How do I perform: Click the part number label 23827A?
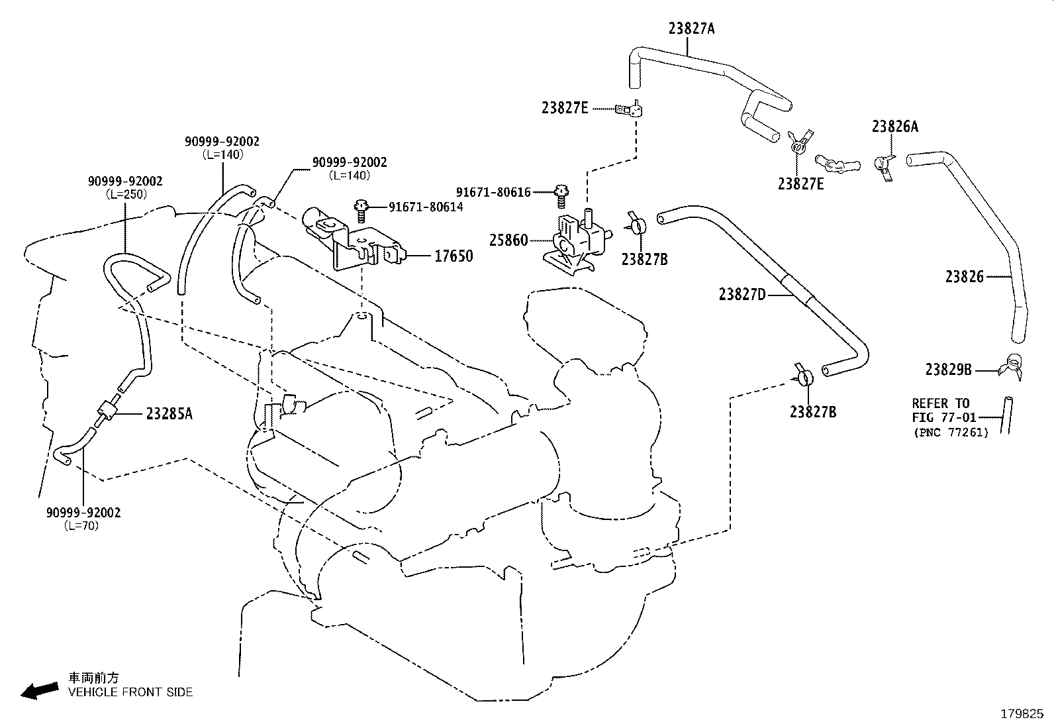pyautogui.click(x=691, y=28)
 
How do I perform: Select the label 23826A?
pyautogui.click(x=894, y=127)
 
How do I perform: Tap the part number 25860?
pyautogui.click(x=508, y=240)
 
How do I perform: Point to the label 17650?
pyautogui.click(x=453, y=256)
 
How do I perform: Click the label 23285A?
pyautogui.click(x=169, y=414)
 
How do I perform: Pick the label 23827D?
pyautogui.click(x=742, y=295)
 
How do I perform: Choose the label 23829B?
pyautogui.click(x=948, y=370)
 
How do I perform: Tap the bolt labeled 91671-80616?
pyautogui.click(x=561, y=196)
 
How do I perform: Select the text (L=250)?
pyautogui.click(x=126, y=194)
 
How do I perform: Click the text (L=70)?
pyautogui.click(x=81, y=525)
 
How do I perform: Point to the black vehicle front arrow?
pyautogui.click(x=40, y=690)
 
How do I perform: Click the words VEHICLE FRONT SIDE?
pyautogui.click(x=130, y=692)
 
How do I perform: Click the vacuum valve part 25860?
pyautogui.click(x=578, y=241)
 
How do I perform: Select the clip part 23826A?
pyautogui.click(x=884, y=167)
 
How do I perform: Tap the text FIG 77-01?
pyautogui.click(x=944, y=418)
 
